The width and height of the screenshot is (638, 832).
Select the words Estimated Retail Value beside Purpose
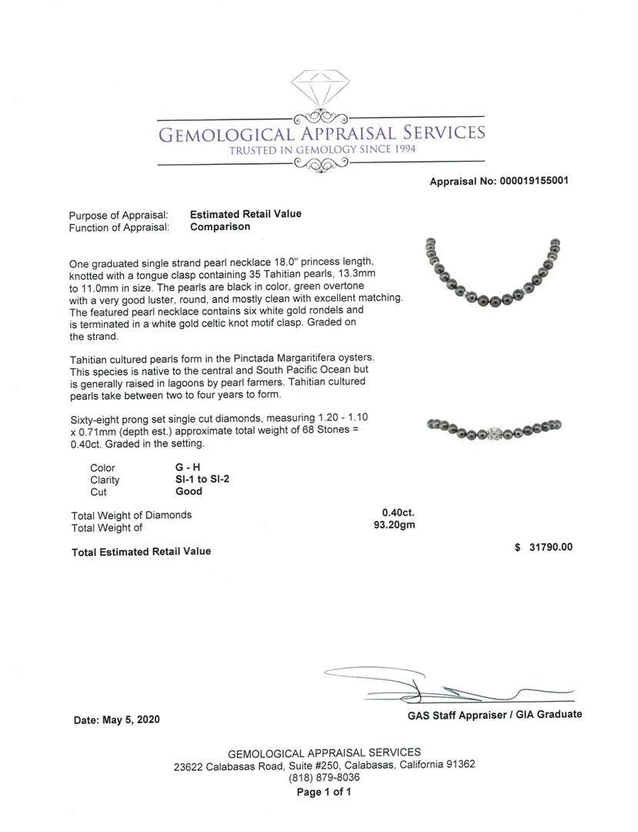(246, 214)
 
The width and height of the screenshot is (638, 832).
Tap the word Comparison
(220, 227)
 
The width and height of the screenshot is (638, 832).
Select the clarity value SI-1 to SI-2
(202, 479)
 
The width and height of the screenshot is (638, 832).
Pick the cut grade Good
(189, 491)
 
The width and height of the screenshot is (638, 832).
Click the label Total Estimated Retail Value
(141, 552)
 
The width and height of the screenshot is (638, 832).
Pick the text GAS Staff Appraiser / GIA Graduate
(494, 715)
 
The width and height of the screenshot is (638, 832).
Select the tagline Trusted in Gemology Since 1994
(322, 149)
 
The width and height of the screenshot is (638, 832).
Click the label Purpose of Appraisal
(118, 215)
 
